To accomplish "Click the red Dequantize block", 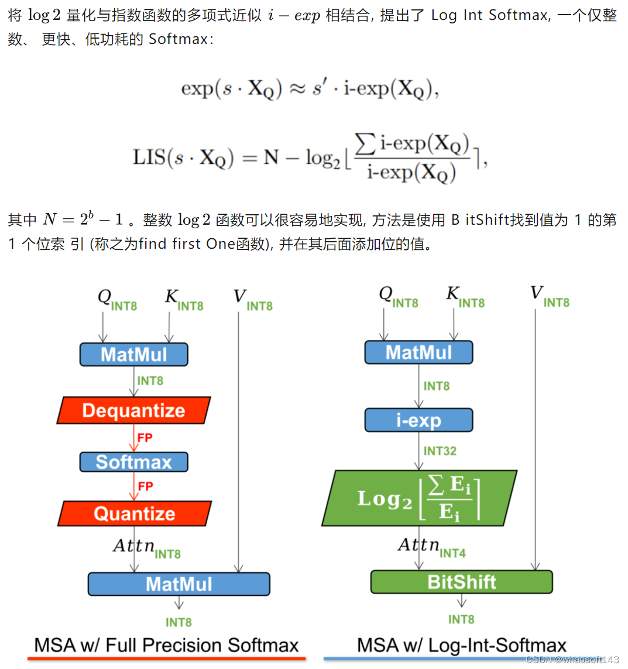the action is tap(133, 410).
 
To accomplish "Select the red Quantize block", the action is tap(135, 513).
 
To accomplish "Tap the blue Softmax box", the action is tap(133, 462).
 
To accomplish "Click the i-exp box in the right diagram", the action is tap(418, 420).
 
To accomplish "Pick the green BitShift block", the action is tap(462, 582).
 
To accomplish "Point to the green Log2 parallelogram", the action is tap(419, 498).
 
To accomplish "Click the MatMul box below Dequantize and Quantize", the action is tap(179, 584).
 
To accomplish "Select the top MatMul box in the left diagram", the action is tap(133, 354).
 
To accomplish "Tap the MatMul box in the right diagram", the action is tap(418, 352).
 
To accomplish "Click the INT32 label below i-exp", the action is tap(440, 451).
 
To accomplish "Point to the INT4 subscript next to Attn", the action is tap(452, 553).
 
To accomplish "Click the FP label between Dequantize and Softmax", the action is tap(145, 437).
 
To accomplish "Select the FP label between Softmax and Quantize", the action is tap(146, 486).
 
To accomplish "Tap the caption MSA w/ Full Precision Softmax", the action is tap(166, 645).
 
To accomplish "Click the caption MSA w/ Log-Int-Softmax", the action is tap(462, 645).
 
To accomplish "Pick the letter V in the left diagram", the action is tap(239, 296).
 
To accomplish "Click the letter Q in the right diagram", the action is tap(385, 293).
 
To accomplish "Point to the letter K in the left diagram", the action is tap(171, 296).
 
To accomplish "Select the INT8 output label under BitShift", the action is tap(461, 619).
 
